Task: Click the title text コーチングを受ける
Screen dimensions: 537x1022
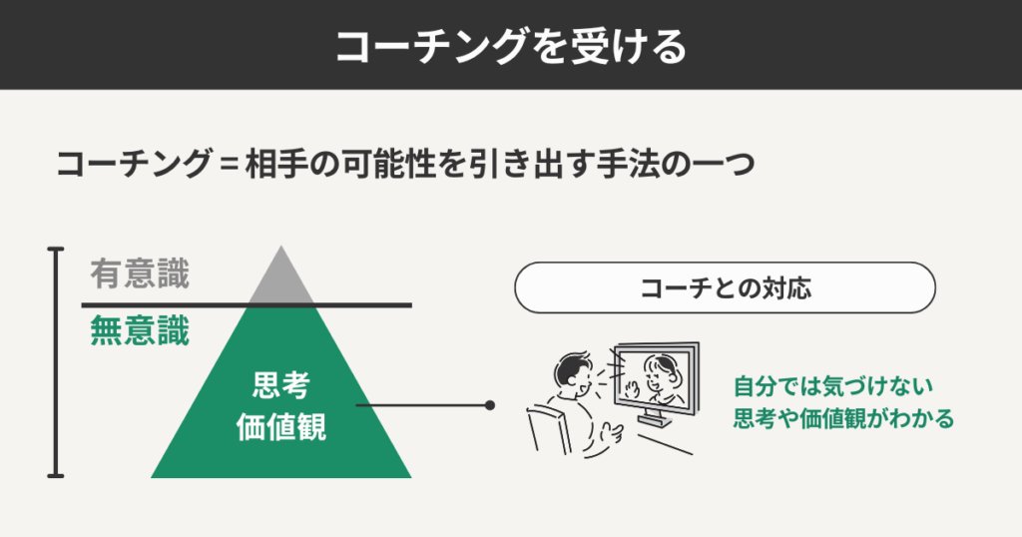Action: [510, 45]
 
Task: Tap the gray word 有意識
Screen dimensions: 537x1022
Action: [139, 273]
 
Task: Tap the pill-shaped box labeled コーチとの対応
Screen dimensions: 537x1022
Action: [725, 288]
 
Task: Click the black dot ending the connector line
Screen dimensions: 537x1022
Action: [490, 405]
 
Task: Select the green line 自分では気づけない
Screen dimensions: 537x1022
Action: [831, 384]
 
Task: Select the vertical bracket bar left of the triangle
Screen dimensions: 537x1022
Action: [57, 361]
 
